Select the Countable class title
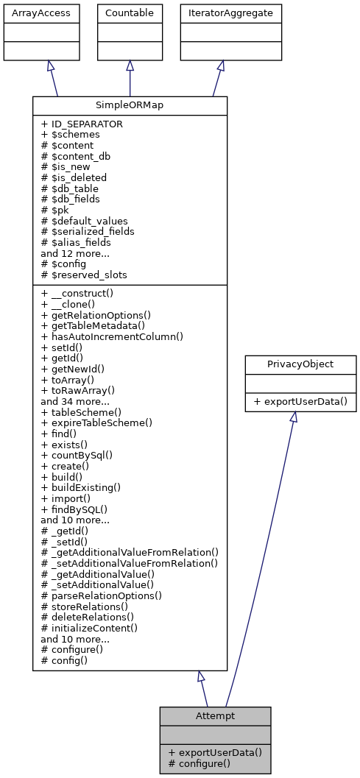130,13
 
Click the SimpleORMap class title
130,105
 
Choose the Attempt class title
215,715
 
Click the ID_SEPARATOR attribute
82,124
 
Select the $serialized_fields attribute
88,231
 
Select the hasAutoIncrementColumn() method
111,336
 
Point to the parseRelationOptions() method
101,595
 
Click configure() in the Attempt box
200,763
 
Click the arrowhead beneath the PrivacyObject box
293,417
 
